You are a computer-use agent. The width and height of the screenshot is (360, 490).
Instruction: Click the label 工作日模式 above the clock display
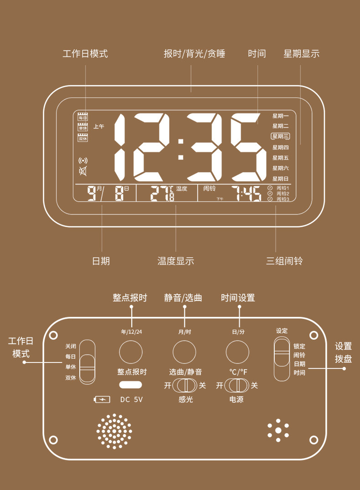tap(85, 54)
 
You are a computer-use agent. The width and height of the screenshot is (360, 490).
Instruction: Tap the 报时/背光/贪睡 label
tap(195, 54)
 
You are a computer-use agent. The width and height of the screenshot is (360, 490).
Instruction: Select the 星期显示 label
tap(301, 54)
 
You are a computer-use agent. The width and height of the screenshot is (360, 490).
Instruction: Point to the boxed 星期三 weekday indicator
tap(281, 136)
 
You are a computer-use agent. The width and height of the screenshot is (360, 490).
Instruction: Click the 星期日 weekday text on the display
tap(281, 179)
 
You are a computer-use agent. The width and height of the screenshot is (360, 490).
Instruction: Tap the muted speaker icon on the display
tap(83, 171)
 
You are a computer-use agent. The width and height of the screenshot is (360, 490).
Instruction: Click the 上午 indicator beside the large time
tap(99, 127)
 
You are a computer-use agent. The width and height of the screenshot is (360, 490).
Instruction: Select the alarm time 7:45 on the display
tap(246, 194)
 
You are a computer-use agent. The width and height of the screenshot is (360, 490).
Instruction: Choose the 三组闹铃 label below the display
tap(284, 261)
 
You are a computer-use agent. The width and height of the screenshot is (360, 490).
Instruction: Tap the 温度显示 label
tap(176, 261)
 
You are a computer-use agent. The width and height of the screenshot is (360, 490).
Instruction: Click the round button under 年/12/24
tap(131, 352)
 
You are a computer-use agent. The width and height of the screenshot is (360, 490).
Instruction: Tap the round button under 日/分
tap(237, 352)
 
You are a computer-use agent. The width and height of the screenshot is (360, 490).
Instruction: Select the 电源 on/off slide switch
tap(237, 385)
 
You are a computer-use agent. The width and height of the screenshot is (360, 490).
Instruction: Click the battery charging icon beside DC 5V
tap(102, 399)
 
